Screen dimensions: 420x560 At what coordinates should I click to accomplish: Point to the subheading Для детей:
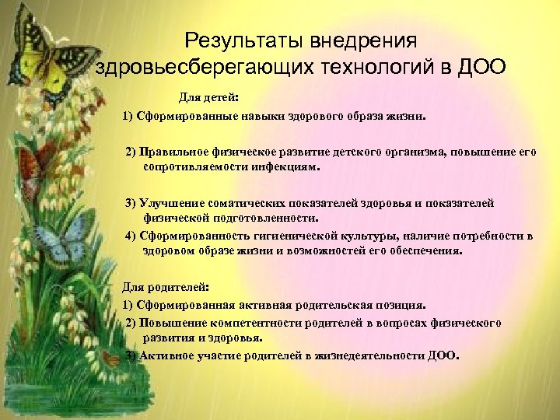(209, 100)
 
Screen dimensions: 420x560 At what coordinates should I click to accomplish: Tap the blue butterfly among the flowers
(59, 240)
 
